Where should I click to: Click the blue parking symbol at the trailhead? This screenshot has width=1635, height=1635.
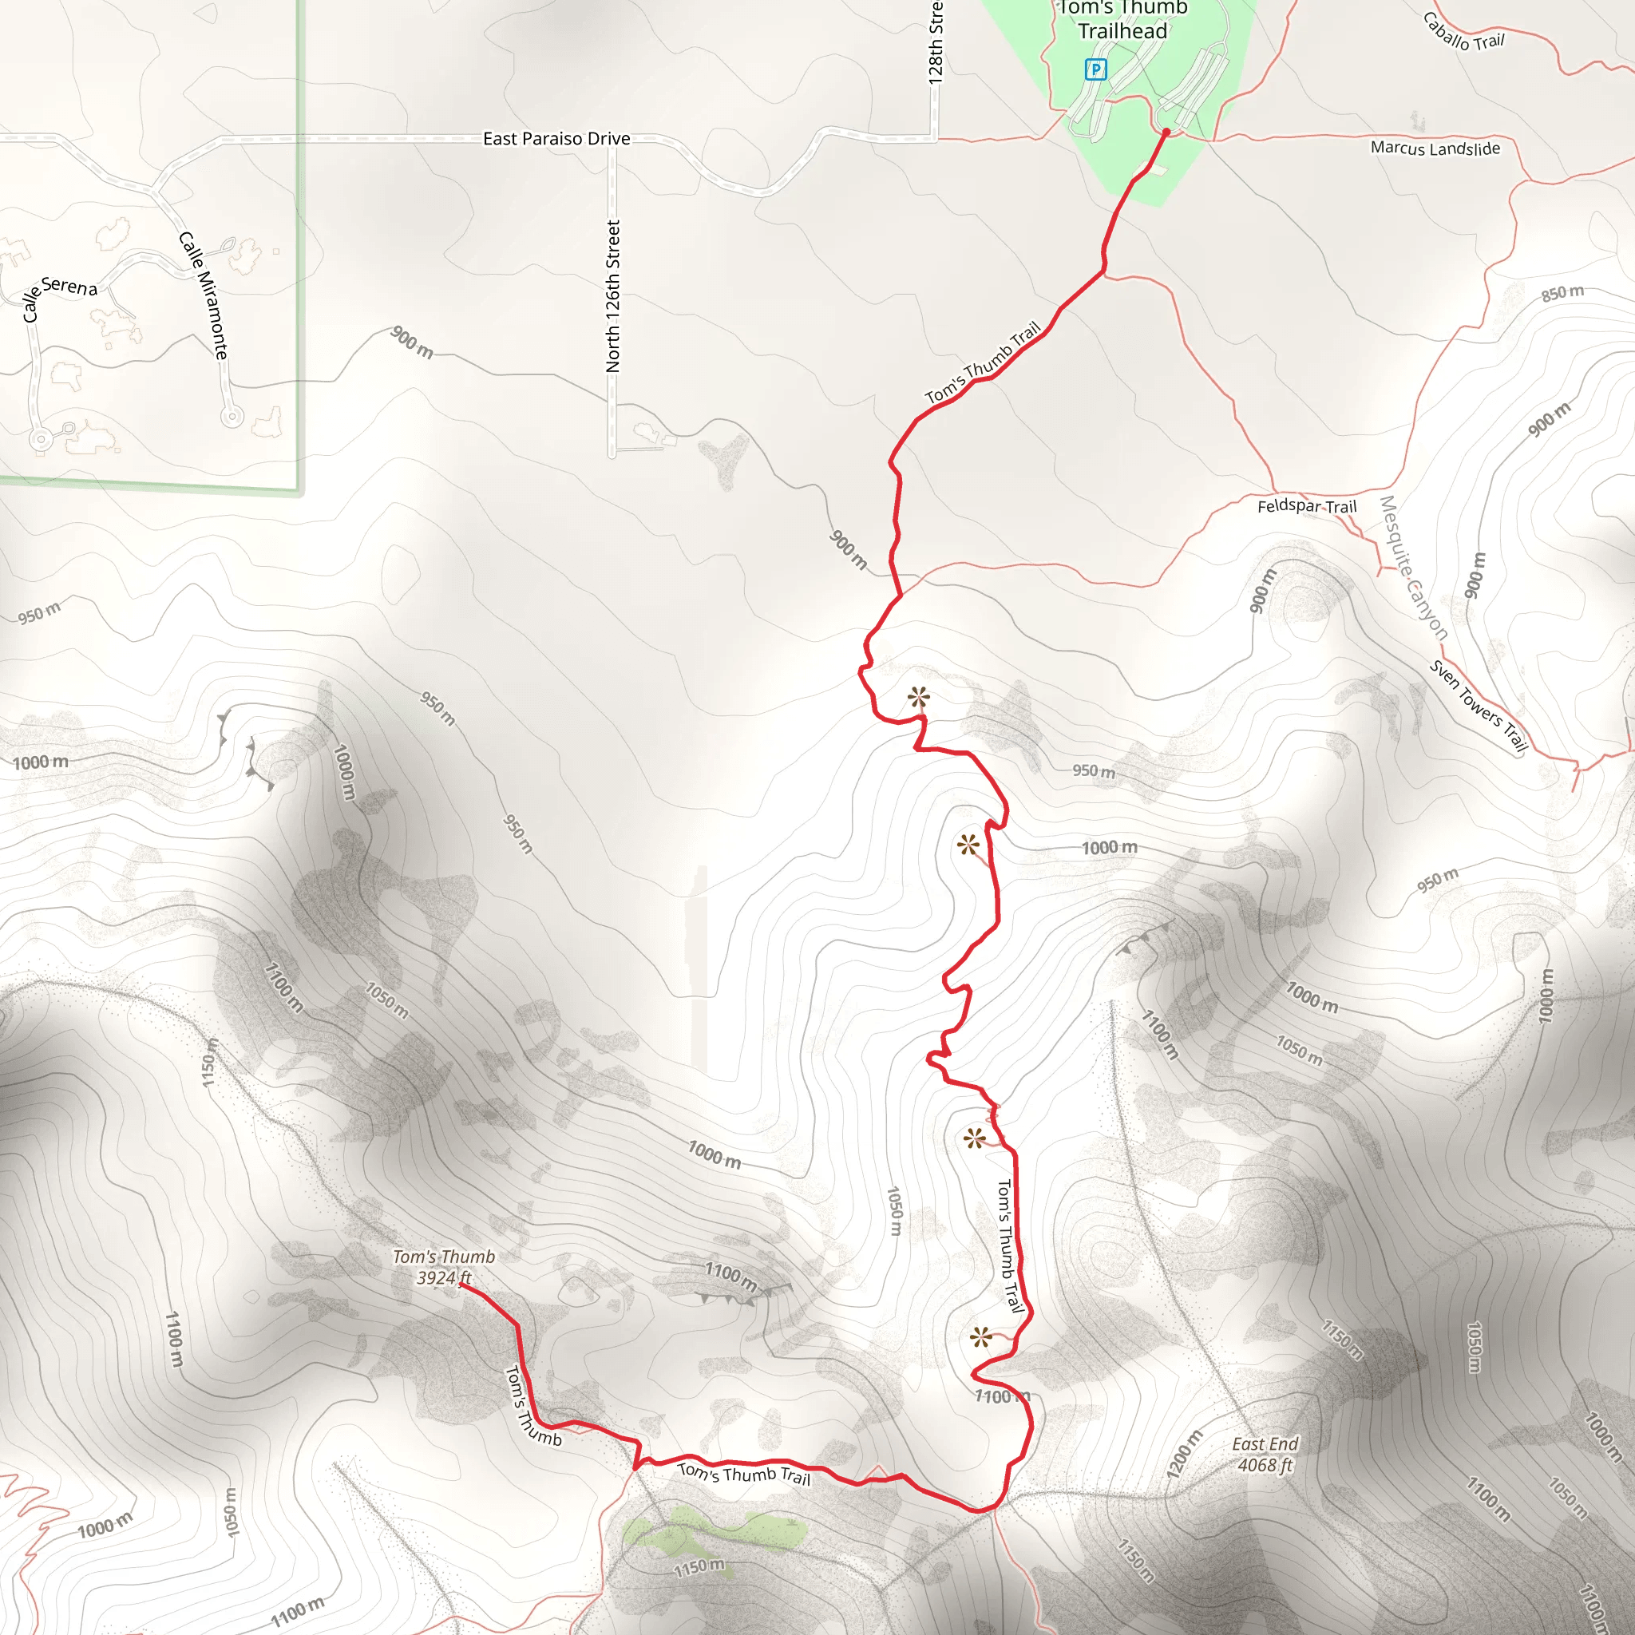1095,69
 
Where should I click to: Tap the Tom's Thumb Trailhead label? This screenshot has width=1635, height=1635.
1123,20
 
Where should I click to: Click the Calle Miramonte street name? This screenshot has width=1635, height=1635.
204,295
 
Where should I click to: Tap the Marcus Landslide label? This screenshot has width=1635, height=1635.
1435,148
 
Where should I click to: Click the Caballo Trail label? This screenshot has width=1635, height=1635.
1463,32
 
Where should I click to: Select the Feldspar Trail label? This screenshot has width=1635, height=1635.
1307,506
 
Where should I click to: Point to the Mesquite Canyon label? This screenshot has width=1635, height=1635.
1413,567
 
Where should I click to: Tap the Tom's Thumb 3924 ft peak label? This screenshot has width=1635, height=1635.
443,1267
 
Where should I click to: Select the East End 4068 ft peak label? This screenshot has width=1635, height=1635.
1265,1455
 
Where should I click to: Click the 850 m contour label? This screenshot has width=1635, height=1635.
1562,293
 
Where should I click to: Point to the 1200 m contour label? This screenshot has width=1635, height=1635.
1183,1455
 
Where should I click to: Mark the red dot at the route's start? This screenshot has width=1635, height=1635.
1166,132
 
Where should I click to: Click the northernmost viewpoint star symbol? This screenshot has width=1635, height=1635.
918,699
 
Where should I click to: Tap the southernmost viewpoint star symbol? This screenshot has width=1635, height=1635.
980,1337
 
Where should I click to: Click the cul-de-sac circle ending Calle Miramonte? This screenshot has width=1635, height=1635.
231,417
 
